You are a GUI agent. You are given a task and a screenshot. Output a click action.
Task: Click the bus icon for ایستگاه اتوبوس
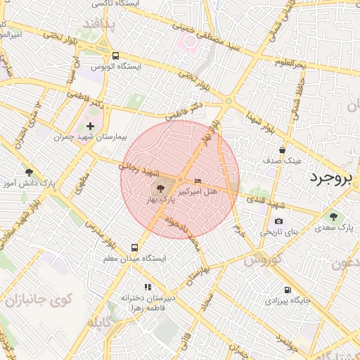click(115, 56)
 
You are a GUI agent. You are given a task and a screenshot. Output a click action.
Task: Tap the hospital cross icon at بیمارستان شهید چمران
click(91, 126)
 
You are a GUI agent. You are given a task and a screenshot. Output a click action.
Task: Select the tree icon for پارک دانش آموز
click(29, 172)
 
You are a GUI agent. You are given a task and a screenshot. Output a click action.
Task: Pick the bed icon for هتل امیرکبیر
click(197, 181)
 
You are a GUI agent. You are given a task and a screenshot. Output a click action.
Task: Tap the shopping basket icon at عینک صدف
click(282, 150)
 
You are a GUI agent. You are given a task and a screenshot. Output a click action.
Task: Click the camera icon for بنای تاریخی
click(278, 221)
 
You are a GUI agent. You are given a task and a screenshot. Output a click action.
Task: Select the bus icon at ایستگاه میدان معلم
click(134, 247)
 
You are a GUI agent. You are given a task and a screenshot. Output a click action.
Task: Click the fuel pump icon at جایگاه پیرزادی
click(287, 290)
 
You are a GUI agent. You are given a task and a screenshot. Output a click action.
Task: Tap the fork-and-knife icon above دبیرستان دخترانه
click(148, 287)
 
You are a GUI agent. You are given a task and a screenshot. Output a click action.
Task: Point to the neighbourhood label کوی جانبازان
click(39, 300)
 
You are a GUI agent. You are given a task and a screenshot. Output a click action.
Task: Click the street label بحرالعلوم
click(290, 64)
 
